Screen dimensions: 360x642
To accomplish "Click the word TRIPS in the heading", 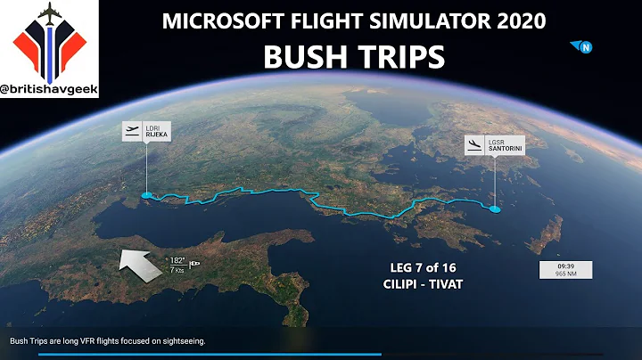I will pyautogui.click(x=399, y=56).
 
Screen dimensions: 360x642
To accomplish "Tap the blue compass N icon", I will pyautogui.click(x=585, y=47).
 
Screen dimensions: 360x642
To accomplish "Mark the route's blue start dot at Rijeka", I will pyautogui.click(x=146, y=193).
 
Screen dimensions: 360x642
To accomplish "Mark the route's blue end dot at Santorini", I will pyautogui.click(x=495, y=209).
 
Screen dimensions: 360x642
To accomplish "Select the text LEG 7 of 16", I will pyautogui.click(x=418, y=268).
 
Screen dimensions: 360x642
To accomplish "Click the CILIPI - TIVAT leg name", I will pyautogui.click(x=418, y=285).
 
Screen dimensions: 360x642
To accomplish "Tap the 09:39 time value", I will pyautogui.click(x=565, y=266).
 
